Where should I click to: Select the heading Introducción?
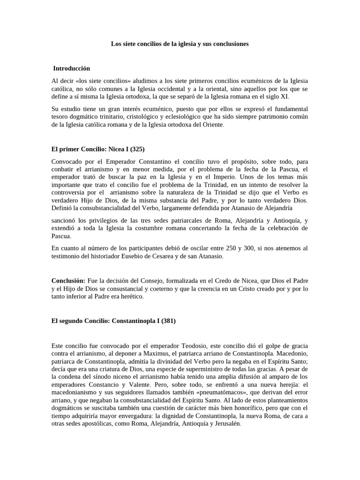click(x=71, y=68)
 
